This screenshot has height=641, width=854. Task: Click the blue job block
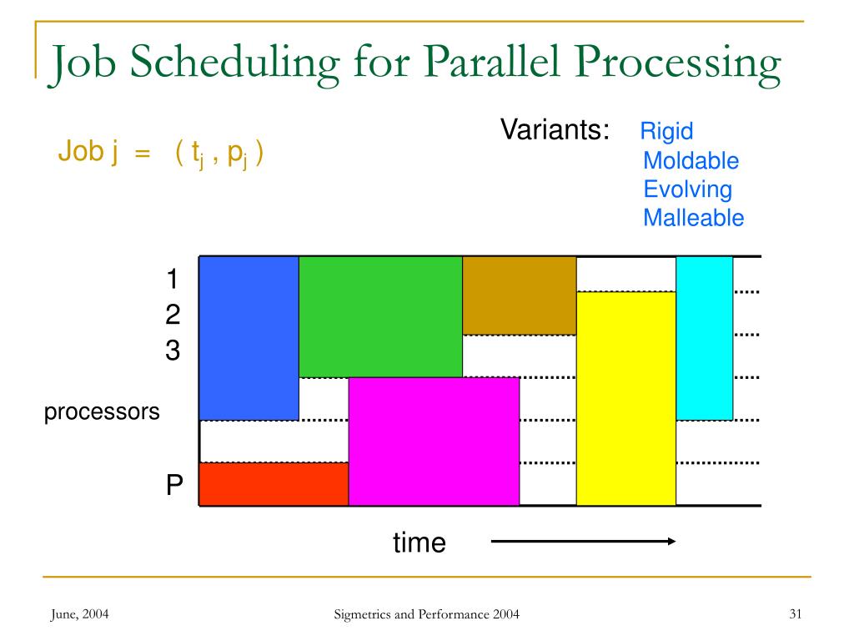click(x=249, y=337)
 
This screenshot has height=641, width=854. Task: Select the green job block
click(x=380, y=316)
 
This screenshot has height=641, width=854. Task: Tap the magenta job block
click(x=434, y=441)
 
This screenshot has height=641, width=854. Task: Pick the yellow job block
click(x=625, y=398)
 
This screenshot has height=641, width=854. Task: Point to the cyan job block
click(x=704, y=337)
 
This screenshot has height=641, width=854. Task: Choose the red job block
click(x=274, y=484)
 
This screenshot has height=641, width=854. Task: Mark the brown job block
click(x=519, y=295)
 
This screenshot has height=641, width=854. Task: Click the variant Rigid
click(x=666, y=131)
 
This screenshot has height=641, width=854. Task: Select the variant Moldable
click(x=691, y=161)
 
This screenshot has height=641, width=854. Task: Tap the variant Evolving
click(x=687, y=189)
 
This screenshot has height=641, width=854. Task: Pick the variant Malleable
click(x=693, y=219)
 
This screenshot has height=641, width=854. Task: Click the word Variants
click(x=555, y=130)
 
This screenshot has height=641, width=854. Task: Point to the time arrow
click(x=583, y=542)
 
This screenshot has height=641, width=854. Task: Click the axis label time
click(x=419, y=543)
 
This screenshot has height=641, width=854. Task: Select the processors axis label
click(x=102, y=412)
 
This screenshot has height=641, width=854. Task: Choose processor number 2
click(x=173, y=315)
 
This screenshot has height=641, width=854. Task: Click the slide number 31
click(x=795, y=615)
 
